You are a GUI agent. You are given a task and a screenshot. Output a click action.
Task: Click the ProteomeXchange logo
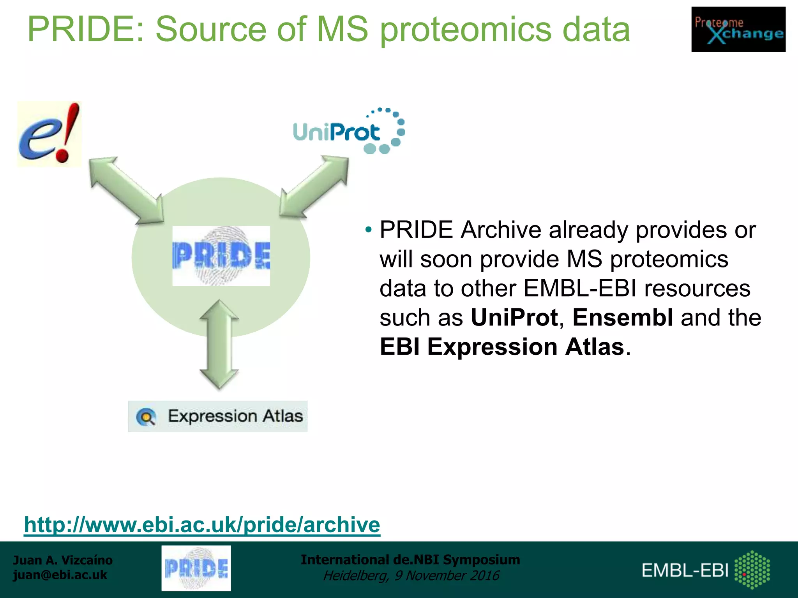click(x=738, y=29)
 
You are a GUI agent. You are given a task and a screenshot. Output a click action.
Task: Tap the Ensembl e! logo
click(x=49, y=134)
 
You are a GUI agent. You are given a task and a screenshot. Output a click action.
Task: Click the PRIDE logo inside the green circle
click(x=221, y=256)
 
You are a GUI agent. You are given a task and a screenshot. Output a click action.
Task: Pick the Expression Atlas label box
click(x=218, y=416)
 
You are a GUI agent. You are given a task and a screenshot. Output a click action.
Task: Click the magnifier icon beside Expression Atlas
click(x=146, y=417)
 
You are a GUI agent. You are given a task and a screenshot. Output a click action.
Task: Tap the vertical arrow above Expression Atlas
click(x=219, y=345)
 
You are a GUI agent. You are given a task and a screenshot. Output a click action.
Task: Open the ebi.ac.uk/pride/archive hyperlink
click(x=202, y=524)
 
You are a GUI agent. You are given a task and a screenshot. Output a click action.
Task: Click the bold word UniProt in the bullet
click(x=514, y=317)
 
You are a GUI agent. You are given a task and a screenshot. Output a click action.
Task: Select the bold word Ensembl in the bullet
click(x=622, y=317)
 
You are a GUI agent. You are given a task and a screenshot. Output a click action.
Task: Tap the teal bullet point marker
click(x=368, y=230)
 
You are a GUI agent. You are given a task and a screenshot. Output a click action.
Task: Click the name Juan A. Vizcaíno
click(x=63, y=560)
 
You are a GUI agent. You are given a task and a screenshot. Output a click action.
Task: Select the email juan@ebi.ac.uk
click(x=60, y=575)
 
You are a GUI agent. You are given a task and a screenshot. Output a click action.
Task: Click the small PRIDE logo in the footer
click(x=196, y=568)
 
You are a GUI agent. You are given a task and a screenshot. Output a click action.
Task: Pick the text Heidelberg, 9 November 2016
click(x=411, y=575)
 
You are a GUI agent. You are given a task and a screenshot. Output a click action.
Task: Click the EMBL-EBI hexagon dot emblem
click(x=752, y=569)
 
